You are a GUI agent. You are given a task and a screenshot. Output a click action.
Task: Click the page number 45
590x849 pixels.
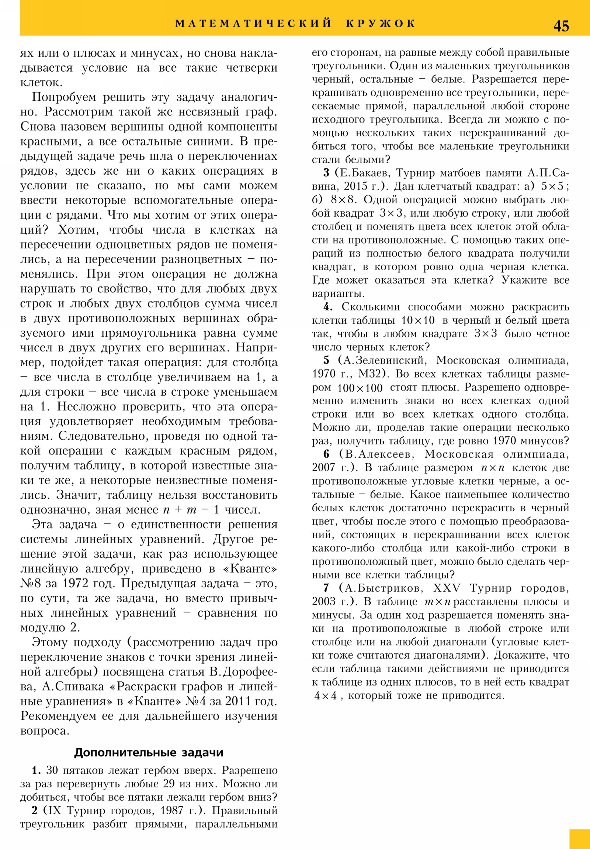561,26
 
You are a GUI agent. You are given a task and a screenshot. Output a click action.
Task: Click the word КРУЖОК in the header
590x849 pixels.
381,24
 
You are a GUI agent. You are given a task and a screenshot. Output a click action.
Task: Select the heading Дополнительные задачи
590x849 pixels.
149,752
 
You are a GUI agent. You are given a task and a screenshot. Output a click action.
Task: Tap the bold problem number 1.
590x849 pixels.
36,770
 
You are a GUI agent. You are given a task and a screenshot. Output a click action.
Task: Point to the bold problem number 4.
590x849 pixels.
328,307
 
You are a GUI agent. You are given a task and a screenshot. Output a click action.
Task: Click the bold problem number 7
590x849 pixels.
326,588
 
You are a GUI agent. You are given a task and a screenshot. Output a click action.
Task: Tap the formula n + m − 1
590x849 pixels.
191,510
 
